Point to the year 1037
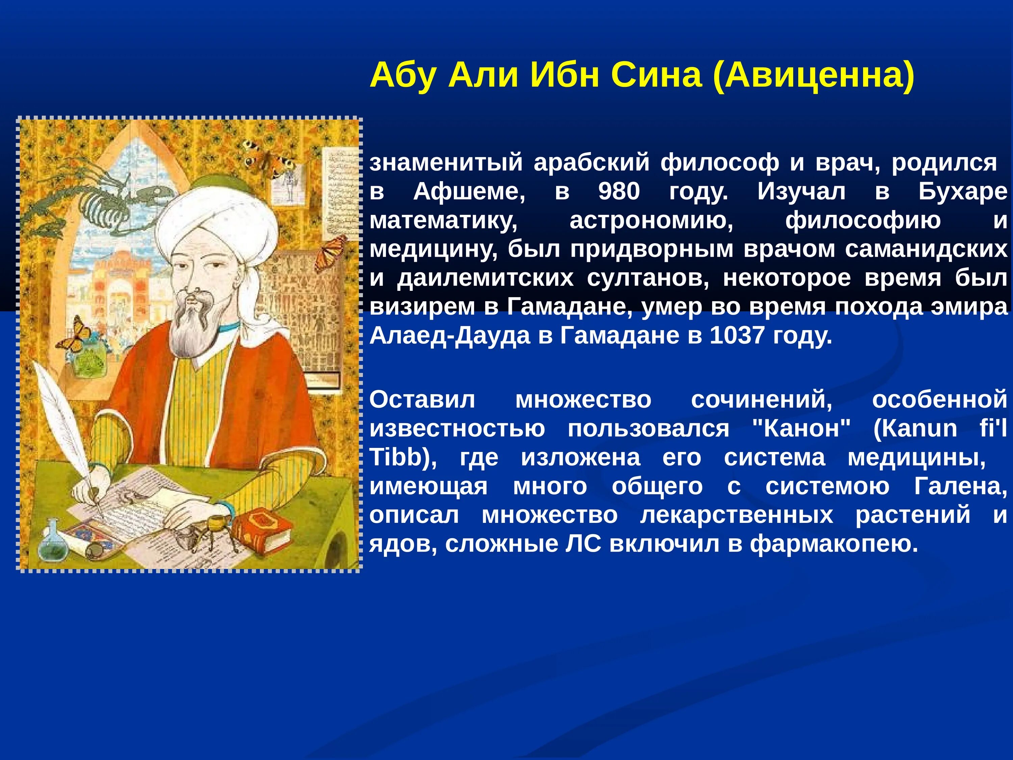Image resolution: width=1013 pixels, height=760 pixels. point(737,335)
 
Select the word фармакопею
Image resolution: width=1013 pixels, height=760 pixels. point(834,544)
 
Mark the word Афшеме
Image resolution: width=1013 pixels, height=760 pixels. point(469,192)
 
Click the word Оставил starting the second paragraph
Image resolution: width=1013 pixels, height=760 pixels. point(422,400)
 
